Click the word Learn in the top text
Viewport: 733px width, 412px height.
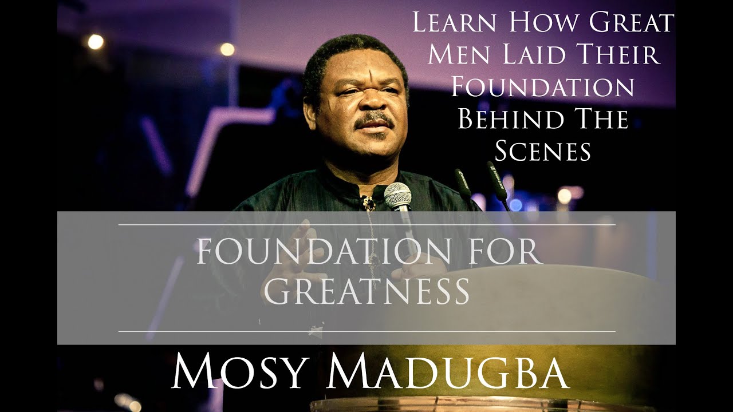point(455,23)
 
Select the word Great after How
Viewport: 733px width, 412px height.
point(628,23)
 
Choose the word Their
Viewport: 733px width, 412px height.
point(620,56)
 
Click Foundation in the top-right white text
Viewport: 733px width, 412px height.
point(542,87)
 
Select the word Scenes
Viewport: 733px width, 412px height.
point(542,151)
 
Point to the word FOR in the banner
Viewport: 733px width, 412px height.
point(494,252)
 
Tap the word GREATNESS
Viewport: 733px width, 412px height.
point(366,291)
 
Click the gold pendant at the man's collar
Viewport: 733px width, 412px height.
point(367,203)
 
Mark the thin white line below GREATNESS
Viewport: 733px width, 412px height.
point(366,331)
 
